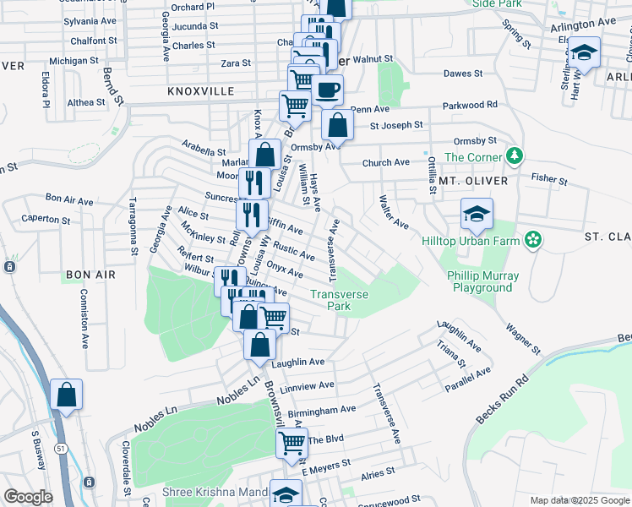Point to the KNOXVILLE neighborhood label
(x=200, y=90)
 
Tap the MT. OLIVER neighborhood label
(x=473, y=181)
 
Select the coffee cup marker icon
(x=327, y=89)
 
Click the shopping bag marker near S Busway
(x=66, y=395)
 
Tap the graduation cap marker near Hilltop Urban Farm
(x=477, y=215)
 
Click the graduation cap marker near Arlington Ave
(x=583, y=52)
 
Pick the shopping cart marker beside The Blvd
(x=291, y=442)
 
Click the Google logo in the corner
(x=28, y=497)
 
